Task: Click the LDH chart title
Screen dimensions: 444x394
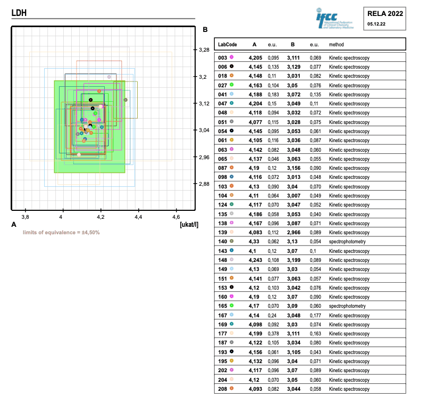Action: click(x=19, y=13)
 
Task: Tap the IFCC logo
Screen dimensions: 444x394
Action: click(x=334, y=19)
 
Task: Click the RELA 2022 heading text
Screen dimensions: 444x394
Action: click(x=385, y=14)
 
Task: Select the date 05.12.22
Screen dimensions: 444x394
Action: click(x=376, y=24)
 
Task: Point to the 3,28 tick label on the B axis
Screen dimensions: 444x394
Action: click(x=204, y=50)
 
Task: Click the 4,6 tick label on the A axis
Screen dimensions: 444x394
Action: click(x=176, y=217)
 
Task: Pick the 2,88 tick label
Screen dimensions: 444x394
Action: click(x=204, y=184)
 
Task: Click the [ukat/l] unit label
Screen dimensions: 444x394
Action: click(x=189, y=225)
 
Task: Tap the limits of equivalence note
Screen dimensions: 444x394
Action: click(x=61, y=233)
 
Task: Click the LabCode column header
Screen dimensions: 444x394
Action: click(x=228, y=45)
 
